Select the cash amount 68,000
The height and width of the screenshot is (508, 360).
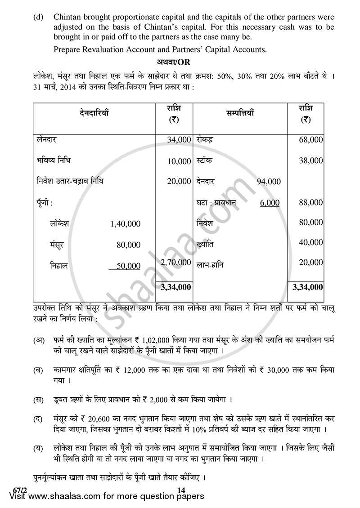click(x=310, y=140)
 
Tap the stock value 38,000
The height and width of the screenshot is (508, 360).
click(x=310, y=160)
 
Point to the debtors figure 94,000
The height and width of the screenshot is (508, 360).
click(x=269, y=182)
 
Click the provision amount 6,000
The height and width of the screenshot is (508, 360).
click(x=270, y=203)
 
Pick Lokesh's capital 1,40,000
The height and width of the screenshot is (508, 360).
click(x=125, y=223)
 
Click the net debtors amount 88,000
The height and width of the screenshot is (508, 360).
click(x=310, y=202)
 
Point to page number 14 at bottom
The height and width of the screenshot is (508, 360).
click(x=181, y=490)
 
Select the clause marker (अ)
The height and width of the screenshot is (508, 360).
click(x=38, y=340)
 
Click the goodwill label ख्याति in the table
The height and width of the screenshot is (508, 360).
click(x=205, y=244)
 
